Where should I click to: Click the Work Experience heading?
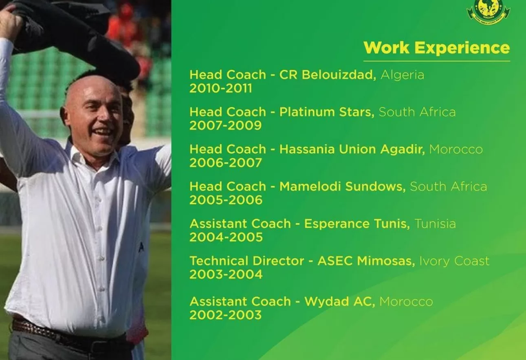(x=436, y=48)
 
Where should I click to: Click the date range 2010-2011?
(x=221, y=88)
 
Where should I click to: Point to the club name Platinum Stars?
(x=327, y=112)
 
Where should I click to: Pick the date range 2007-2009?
(x=225, y=125)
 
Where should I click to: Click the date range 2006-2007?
(x=225, y=163)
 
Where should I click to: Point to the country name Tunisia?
(x=436, y=224)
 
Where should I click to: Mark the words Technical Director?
(x=247, y=261)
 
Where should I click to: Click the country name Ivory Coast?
(x=454, y=261)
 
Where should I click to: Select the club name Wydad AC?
(x=340, y=302)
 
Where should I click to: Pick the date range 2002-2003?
(x=225, y=315)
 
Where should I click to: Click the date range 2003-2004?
(x=226, y=274)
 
